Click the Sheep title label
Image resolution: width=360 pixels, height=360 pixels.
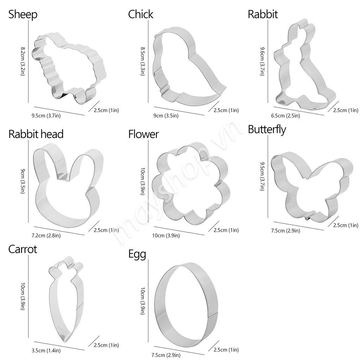(x=23, y=15)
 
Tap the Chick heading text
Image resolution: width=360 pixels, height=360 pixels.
(x=141, y=14)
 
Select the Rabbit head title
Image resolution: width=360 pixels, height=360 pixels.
(x=36, y=134)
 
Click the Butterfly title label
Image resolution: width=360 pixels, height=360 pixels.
(x=267, y=129)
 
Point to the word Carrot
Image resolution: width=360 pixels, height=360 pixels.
(x=22, y=249)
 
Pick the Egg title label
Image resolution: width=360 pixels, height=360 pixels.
(x=137, y=255)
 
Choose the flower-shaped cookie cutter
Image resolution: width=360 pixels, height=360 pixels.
(x=191, y=183)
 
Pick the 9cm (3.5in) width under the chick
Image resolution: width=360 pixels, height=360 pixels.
(x=166, y=116)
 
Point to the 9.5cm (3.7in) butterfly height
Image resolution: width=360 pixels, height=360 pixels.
(x=262, y=176)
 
